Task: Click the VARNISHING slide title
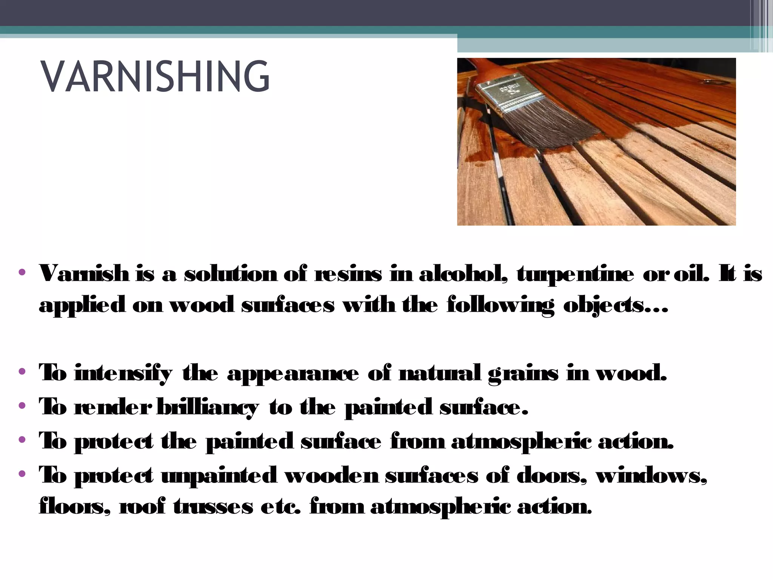point(156,77)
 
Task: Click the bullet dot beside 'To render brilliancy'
point(22,406)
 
